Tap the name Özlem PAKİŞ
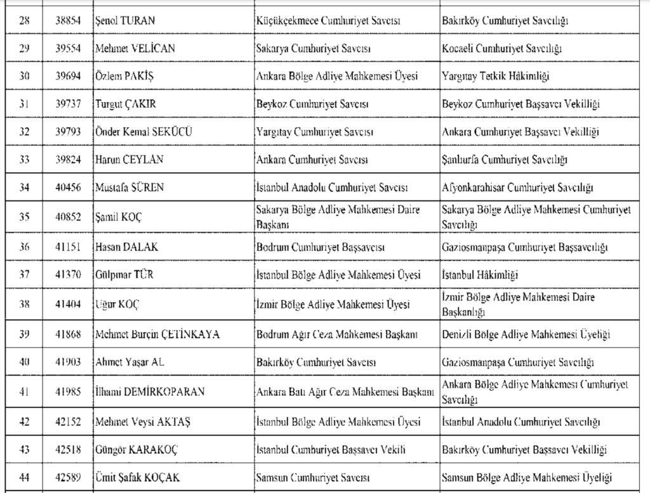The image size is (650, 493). point(124,76)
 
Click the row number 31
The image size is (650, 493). point(24,104)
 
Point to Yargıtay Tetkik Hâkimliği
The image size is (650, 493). point(496,76)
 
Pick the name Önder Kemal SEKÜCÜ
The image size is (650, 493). point(143,132)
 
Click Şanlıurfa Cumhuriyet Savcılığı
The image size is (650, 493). point(505,160)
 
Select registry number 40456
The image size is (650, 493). point(67,188)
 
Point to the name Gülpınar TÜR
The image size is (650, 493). point(124,275)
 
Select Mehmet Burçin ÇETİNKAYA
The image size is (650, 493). point(157,334)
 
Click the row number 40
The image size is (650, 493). point(24,363)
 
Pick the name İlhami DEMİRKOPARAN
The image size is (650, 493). point(149,392)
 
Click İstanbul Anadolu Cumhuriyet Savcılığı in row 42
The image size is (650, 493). point(521,422)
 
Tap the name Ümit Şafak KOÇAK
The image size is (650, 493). point(136,477)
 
